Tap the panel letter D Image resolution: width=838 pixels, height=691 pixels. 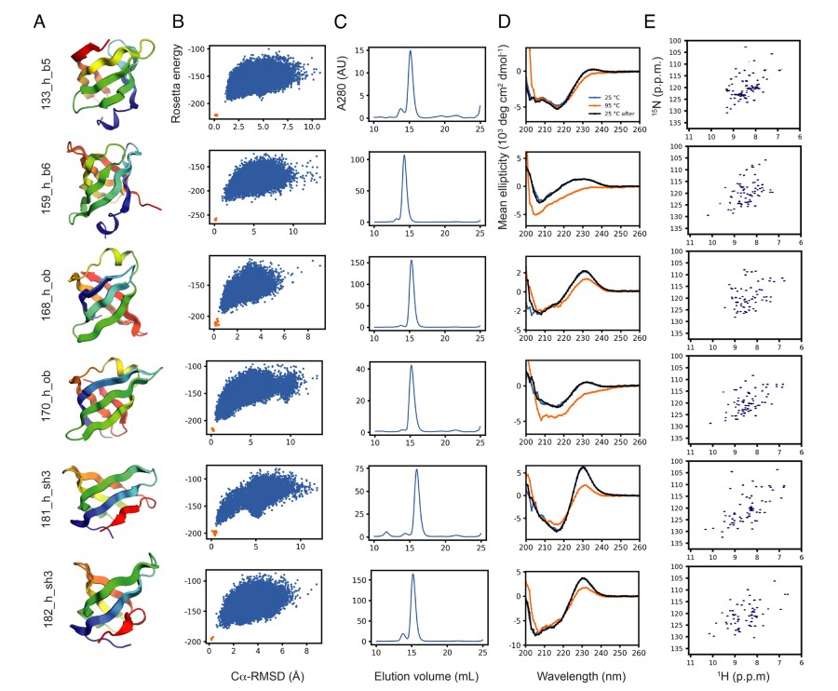pos(505,21)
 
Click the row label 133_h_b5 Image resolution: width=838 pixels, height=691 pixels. pos(46,88)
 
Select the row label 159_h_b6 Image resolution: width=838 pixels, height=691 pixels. pos(46,194)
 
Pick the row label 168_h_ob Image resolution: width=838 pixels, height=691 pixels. pos(46,299)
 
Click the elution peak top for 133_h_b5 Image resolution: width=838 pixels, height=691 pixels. pos(410,51)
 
